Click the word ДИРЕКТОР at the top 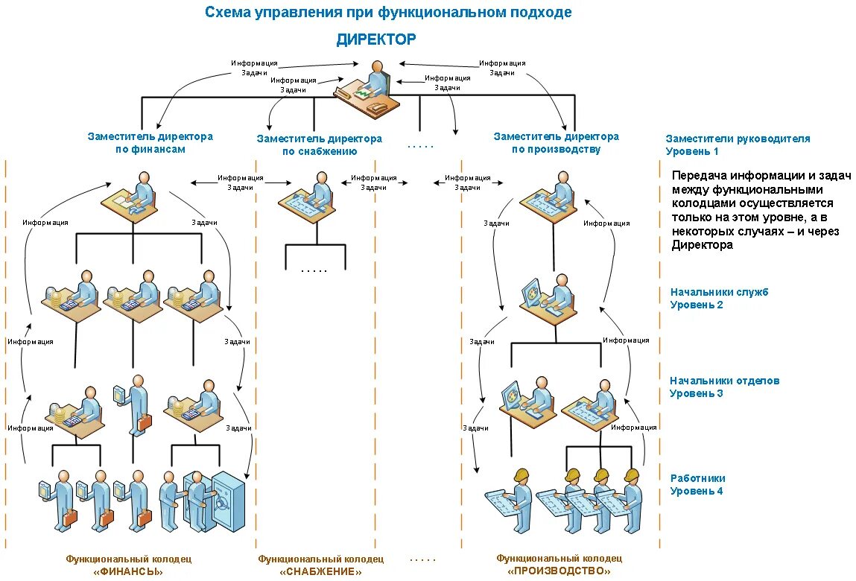click(x=376, y=39)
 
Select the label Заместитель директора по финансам click(x=150, y=142)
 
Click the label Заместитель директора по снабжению click(x=319, y=145)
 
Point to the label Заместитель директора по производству click(x=556, y=142)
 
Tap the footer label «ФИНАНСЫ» click(x=129, y=571)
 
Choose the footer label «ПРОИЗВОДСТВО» click(x=559, y=571)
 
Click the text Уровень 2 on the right click(x=696, y=305)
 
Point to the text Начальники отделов click(x=724, y=381)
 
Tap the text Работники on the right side click(x=697, y=478)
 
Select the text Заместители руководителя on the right click(x=738, y=139)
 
